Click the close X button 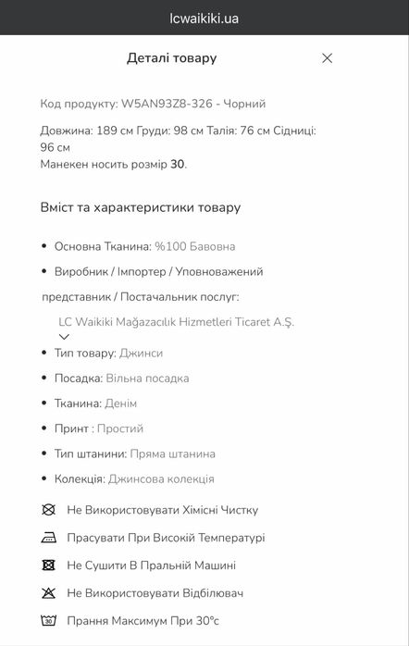pyautogui.click(x=327, y=58)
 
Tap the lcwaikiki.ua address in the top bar pyautogui.click(x=204, y=19)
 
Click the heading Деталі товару pyautogui.click(x=171, y=58)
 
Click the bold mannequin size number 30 pyautogui.click(x=177, y=164)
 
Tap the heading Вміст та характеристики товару pyautogui.click(x=140, y=207)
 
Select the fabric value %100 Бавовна pyautogui.click(x=194, y=247)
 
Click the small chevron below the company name pyautogui.click(x=64, y=337)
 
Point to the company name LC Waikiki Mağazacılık pyautogui.click(x=176, y=322)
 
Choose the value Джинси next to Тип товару pyautogui.click(x=142, y=354)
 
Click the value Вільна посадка pyautogui.click(x=147, y=379)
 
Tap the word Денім pyautogui.click(x=121, y=404)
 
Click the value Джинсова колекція pyautogui.click(x=161, y=478)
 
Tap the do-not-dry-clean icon pyautogui.click(x=48, y=510)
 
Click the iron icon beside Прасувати pyautogui.click(x=48, y=538)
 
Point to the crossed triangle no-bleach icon pyautogui.click(x=48, y=592)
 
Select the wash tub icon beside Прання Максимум pyautogui.click(x=48, y=620)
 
